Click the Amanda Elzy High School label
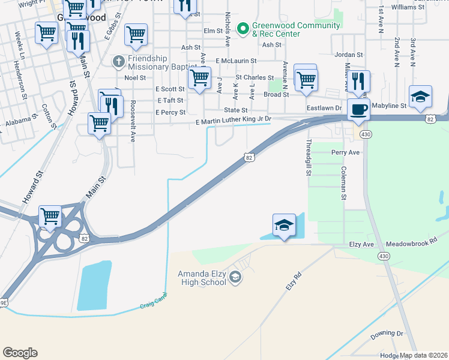201,278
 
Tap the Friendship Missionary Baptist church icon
118,61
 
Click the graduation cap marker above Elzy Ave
284,226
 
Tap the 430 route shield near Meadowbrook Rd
383,256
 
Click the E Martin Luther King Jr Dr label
234,121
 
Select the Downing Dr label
387,334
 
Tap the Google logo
20,353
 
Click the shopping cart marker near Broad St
306,79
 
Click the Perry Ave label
345,152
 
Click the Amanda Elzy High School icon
235,277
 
